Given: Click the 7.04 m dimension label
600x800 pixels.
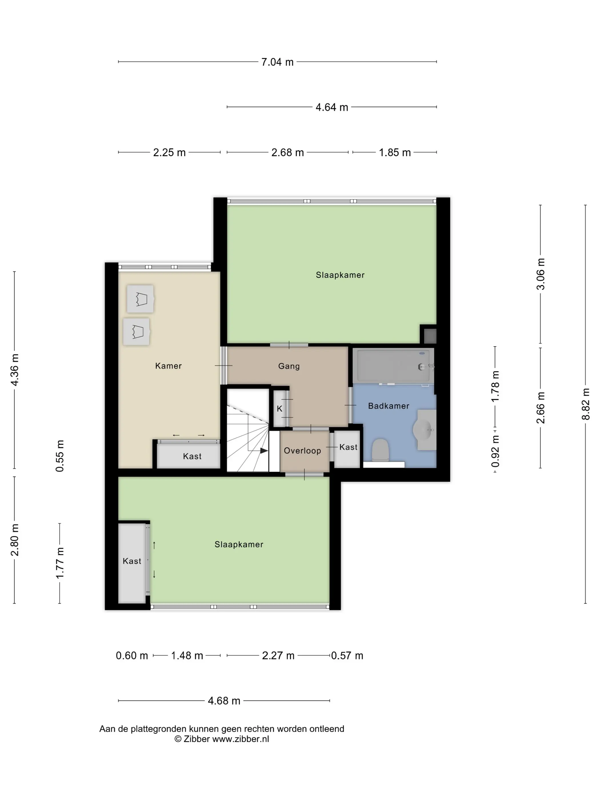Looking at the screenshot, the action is (x=277, y=62).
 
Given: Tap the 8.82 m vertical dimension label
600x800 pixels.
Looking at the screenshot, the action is (x=585, y=404).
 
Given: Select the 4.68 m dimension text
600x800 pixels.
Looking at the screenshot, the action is (x=224, y=701).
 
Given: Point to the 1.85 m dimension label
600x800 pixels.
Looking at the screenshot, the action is (x=395, y=153).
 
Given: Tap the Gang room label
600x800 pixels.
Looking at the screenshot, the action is (x=289, y=366).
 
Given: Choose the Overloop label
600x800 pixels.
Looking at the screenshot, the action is (x=302, y=451).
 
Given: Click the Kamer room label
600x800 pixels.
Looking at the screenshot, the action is (x=168, y=366).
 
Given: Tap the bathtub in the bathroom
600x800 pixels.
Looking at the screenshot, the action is (x=393, y=366).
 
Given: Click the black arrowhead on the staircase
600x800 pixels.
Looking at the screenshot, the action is (x=264, y=451).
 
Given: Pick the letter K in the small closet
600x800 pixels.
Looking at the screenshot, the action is (x=279, y=409).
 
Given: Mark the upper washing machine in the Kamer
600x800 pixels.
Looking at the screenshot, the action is (x=140, y=299).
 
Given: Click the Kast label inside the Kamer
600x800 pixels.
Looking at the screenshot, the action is (x=192, y=456).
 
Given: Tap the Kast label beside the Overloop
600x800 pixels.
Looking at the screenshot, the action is (x=348, y=447).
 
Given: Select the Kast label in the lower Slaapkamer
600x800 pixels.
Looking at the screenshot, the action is (x=132, y=561).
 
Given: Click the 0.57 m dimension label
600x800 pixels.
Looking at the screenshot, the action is (x=347, y=656).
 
